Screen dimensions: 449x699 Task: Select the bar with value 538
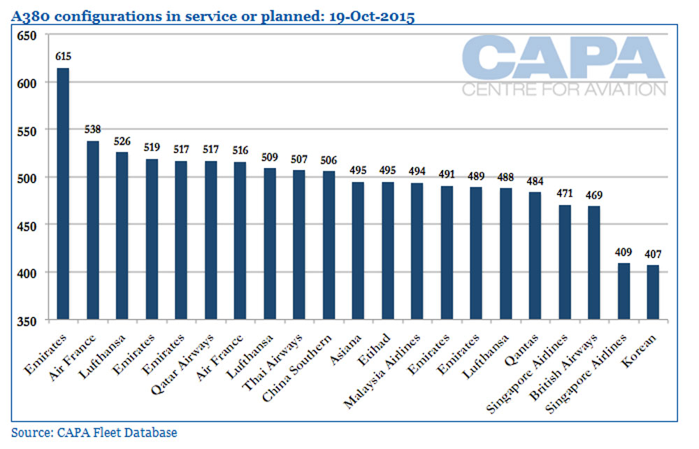click(93, 230)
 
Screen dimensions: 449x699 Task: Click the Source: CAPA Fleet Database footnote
click(94, 432)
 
